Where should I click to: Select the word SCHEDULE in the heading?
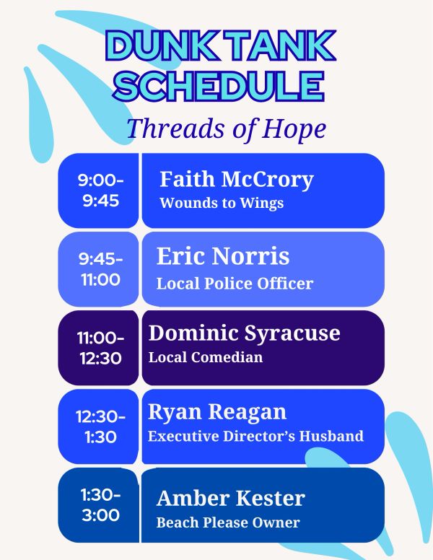[219, 86]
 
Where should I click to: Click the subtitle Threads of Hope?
[226, 128]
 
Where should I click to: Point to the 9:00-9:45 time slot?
[100, 191]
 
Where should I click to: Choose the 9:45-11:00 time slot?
[100, 269]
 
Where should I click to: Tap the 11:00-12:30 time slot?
[100, 348]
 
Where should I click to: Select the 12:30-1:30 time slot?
[100, 426]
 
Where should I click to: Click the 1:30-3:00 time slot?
[100, 505]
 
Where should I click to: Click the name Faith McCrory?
[237, 179]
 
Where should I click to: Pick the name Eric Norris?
[223, 256]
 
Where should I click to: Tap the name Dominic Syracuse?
[244, 334]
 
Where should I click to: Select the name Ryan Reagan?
[217, 412]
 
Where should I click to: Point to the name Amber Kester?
[231, 498]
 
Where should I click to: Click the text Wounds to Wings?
[222, 204]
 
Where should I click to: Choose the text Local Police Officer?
[235, 284]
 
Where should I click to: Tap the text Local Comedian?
[206, 357]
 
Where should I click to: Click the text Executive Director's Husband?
[255, 436]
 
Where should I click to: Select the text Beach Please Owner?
[228, 522]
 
